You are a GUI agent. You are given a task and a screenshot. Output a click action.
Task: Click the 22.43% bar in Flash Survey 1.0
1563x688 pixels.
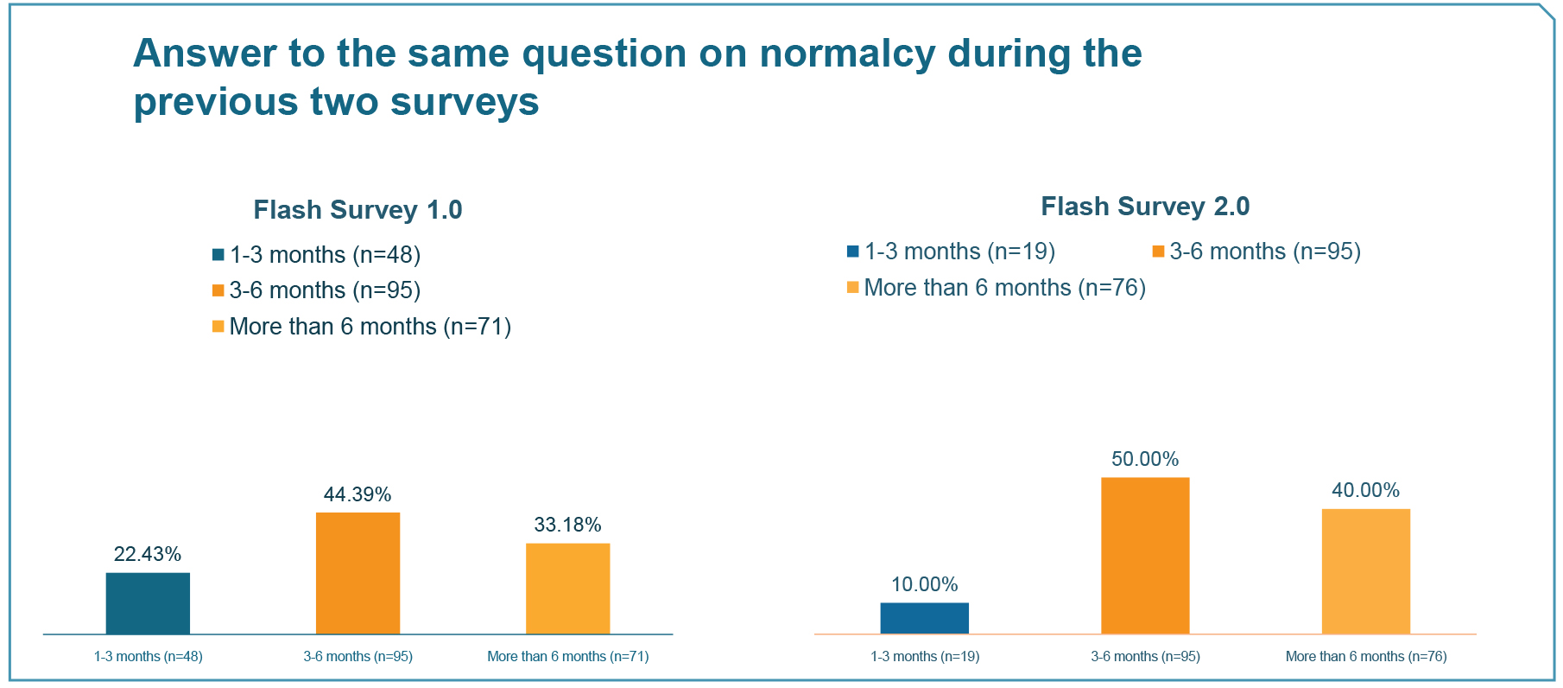coord(148,603)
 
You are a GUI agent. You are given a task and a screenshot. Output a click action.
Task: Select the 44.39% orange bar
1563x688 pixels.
coord(358,573)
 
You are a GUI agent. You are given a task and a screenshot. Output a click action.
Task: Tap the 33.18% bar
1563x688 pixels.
coord(567,589)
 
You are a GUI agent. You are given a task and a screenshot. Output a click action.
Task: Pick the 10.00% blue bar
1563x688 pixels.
coord(924,618)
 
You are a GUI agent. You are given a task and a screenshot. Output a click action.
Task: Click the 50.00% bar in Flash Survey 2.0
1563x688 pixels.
coord(1145,556)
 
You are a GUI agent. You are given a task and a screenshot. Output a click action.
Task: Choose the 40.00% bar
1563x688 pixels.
coord(1366,571)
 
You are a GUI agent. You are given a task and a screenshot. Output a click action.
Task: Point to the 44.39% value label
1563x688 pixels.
coord(358,494)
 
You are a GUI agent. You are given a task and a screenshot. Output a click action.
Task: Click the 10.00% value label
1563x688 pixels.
coord(925,584)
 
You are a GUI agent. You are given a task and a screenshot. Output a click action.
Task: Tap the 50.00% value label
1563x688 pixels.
coord(1145,459)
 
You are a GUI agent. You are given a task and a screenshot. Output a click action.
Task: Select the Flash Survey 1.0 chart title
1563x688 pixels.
coord(358,209)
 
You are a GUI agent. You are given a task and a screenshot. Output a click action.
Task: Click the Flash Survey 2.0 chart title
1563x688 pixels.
coord(1145,206)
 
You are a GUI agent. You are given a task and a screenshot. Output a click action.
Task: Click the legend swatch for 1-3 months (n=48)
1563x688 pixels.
coord(218,255)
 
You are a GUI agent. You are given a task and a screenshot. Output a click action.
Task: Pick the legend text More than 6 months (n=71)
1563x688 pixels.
coord(370,327)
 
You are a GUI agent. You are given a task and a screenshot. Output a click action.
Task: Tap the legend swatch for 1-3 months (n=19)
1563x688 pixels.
coord(853,252)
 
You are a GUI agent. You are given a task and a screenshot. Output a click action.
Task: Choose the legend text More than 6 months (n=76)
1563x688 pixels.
coord(1005,288)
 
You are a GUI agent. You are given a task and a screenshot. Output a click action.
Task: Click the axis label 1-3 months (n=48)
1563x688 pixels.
coord(149,657)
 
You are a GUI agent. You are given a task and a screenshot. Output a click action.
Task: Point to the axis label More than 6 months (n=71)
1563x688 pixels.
coord(568,657)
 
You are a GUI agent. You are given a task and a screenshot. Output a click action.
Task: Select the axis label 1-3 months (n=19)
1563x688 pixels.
coord(925,657)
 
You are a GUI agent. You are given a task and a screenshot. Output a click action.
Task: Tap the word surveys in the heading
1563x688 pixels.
coord(465,103)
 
